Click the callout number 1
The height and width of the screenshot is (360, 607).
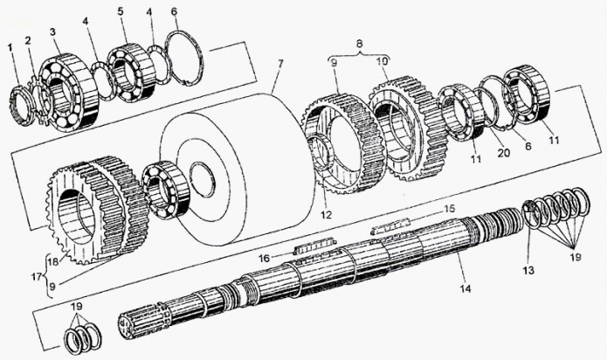(10, 47)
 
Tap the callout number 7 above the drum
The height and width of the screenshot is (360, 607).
(279, 62)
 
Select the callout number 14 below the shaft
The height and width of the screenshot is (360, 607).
(466, 288)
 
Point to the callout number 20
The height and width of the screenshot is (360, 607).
(504, 153)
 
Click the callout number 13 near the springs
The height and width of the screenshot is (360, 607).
(528, 270)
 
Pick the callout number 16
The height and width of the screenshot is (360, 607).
(265, 258)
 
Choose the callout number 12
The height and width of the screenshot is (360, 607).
(327, 214)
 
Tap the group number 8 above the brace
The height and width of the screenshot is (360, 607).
(359, 44)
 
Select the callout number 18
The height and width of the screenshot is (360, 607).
(53, 261)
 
